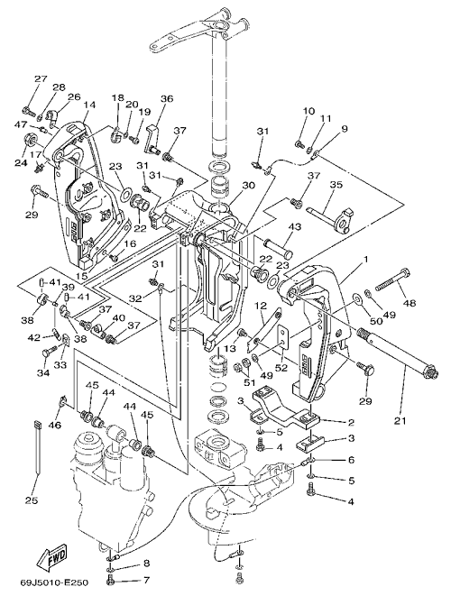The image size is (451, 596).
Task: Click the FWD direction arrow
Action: click(53, 557)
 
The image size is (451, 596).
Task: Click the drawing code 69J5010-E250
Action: click(54, 582)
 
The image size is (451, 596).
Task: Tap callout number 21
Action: click(400, 421)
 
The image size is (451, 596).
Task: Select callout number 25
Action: click(32, 500)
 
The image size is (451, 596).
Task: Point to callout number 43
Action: click(295, 227)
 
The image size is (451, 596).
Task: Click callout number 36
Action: click(167, 99)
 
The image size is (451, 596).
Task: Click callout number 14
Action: click(89, 105)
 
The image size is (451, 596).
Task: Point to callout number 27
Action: click(41, 78)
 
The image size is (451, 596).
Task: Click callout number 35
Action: click(336, 185)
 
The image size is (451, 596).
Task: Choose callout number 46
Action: click(55, 425)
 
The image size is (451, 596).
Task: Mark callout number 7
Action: click(145, 581)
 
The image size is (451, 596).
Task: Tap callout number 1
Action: click(365, 259)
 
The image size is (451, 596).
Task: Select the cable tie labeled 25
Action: click(37, 447)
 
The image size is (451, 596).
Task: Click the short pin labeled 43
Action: click(279, 246)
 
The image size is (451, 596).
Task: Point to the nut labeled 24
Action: click(31, 140)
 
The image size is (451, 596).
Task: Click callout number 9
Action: click(345, 129)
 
